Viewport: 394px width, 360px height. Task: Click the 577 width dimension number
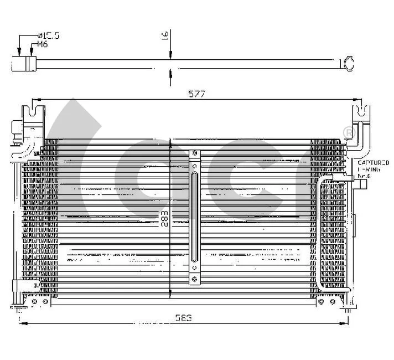196,94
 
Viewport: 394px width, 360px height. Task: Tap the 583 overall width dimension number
185,317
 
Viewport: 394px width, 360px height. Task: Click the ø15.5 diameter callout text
48,35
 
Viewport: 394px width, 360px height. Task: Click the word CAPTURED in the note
372,163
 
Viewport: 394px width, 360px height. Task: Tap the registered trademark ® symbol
348,133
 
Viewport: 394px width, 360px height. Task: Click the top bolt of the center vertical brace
195,153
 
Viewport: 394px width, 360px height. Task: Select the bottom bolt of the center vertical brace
195,280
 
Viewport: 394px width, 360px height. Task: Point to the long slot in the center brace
195,216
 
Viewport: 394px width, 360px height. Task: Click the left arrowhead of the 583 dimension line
22,323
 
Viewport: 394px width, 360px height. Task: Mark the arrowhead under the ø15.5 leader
20,54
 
